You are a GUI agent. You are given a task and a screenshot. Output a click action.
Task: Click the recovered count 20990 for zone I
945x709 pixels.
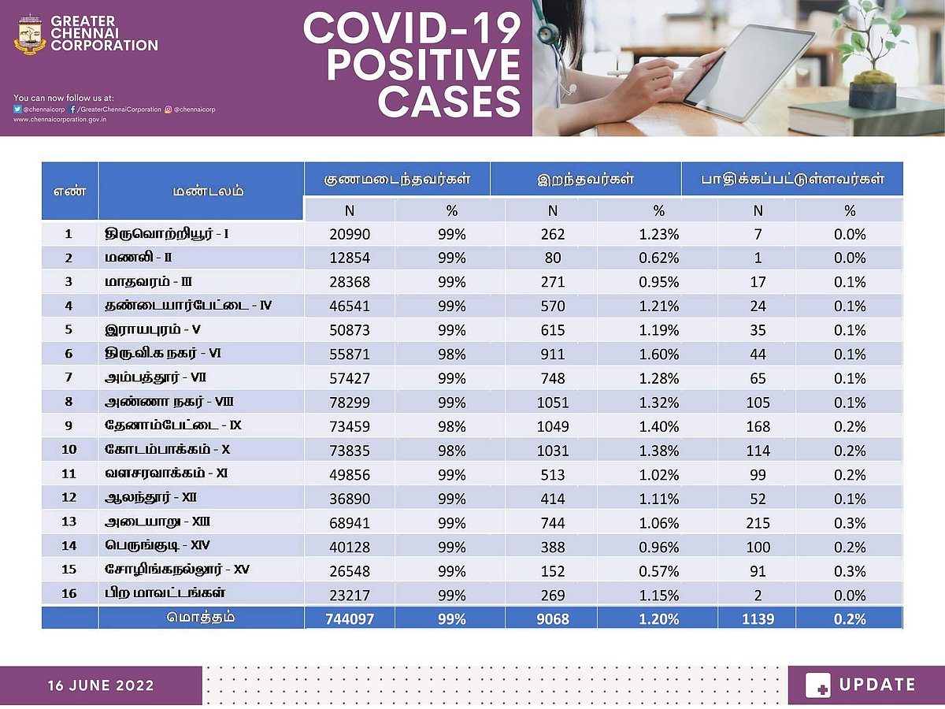point(349,234)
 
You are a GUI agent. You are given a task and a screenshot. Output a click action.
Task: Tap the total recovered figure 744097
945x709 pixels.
point(349,618)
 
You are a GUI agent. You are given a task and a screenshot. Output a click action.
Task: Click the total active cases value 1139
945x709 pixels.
point(758,618)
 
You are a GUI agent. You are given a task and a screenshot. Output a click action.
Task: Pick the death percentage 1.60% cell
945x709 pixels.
point(659,354)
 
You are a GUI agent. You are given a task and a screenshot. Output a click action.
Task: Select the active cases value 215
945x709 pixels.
point(758,522)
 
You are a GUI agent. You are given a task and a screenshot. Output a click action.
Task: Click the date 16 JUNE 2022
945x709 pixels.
point(100,685)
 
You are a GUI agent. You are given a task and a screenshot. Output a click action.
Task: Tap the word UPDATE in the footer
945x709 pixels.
point(877,685)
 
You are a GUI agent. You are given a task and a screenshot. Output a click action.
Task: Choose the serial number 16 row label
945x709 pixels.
point(69,594)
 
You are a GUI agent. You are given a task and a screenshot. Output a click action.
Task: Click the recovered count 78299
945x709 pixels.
point(349,403)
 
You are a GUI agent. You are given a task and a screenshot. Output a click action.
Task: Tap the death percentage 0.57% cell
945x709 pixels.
point(659,570)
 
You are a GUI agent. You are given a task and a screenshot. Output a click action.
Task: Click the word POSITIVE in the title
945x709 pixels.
point(412,65)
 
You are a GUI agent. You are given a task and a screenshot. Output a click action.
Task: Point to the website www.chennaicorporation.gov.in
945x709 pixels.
point(60,120)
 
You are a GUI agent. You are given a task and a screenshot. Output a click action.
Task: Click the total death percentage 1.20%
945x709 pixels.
point(659,618)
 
